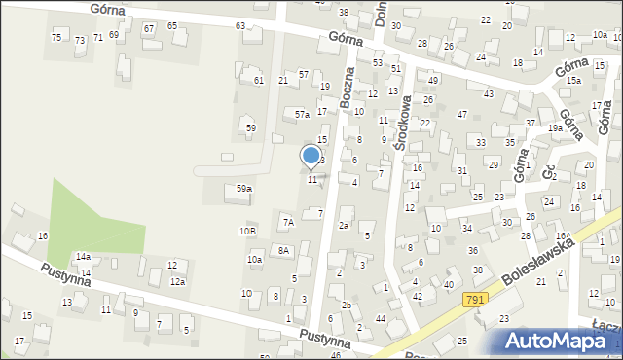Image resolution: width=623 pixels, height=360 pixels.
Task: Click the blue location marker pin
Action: pos(311,157)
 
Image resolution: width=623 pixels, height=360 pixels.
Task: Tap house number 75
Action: pos(56,37)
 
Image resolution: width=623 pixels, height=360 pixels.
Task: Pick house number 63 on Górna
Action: pos(239,25)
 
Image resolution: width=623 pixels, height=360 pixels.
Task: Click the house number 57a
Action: pos(303,115)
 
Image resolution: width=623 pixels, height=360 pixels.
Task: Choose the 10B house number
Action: pos(248,231)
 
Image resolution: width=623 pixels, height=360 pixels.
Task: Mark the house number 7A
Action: pos(288,223)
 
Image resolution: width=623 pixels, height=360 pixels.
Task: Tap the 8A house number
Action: pos(283,251)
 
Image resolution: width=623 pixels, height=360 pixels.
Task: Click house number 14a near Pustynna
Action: pos(84,256)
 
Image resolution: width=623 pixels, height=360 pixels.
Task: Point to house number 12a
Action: pos(178,281)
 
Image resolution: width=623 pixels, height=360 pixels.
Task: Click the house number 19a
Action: pos(555,127)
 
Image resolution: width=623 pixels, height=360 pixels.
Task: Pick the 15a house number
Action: pos(573,80)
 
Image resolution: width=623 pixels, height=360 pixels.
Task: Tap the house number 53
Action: pos(377,62)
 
